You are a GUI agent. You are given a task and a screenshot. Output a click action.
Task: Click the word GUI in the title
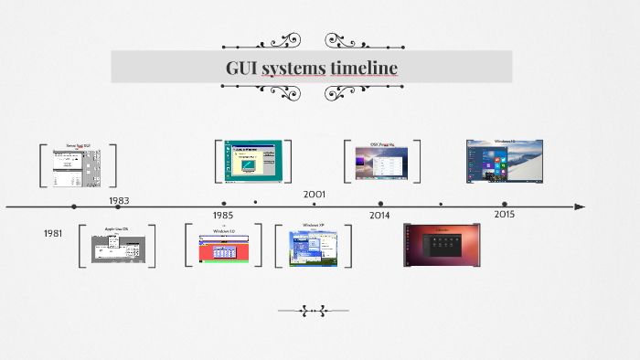[241, 68]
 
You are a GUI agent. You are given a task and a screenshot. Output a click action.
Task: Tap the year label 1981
[54, 234]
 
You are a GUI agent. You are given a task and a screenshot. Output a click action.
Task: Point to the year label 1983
[119, 200]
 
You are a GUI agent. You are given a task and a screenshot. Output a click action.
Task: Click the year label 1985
[223, 216]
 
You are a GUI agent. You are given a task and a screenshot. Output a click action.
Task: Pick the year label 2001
[315, 194]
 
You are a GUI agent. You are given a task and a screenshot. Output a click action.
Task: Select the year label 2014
[380, 216]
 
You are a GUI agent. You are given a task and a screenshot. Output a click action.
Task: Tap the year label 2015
[505, 214]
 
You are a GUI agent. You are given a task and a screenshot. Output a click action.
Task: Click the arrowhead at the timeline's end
[579, 206]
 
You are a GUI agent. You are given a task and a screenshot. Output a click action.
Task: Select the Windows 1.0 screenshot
[224, 246]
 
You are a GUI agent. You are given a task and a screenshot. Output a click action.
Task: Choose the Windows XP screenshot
[314, 246]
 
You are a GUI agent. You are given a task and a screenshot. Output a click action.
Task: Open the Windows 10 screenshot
[505, 161]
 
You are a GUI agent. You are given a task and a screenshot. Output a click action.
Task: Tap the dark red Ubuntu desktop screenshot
[442, 245]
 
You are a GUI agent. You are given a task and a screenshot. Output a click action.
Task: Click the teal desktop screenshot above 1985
[252, 160]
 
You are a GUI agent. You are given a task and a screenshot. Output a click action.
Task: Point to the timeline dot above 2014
[380, 205]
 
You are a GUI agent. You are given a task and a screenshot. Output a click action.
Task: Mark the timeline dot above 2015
[505, 205]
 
